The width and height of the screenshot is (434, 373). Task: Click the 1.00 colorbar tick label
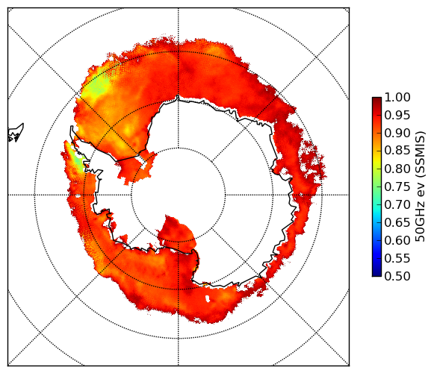397,97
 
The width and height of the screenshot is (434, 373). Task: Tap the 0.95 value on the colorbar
397,116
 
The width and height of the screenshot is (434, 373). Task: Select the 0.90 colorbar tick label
397,133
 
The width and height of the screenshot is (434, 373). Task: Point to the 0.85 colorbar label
397,151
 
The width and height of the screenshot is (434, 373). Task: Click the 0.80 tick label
397,169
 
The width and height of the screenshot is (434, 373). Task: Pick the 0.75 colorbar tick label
397,186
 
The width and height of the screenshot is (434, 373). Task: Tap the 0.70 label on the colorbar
397,204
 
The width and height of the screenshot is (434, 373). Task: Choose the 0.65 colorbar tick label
397,222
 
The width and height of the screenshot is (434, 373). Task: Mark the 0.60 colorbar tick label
397,240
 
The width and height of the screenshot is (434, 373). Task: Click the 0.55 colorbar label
397,258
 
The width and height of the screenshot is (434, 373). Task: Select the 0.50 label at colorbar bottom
397,276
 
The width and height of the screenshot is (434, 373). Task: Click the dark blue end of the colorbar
376,274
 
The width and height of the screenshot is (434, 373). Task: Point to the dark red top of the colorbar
376,99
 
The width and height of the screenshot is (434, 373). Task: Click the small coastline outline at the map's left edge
16,133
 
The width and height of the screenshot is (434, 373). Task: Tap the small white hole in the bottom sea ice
208,298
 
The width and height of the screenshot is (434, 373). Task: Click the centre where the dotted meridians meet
179,195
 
